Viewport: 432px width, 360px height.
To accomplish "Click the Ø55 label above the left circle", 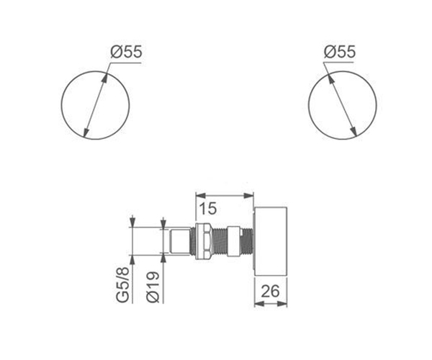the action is pos(127,52).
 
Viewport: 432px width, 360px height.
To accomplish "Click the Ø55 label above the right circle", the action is pos(340,52).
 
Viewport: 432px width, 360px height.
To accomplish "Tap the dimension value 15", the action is pos(208,209).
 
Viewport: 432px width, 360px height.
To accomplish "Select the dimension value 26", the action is pos(270,291).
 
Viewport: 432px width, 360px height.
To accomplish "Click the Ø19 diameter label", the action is pos(153,287).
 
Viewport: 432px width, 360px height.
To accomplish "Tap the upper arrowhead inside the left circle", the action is pos(104,78).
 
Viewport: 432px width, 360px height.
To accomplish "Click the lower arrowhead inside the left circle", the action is pos(86,132).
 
